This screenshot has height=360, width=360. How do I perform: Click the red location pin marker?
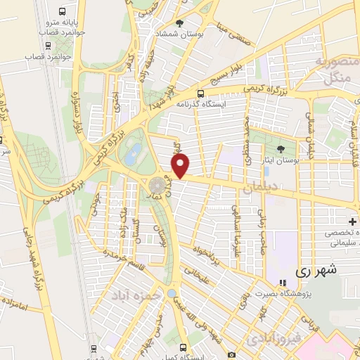click(x=181, y=167)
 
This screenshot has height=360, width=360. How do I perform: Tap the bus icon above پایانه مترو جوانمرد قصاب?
click(x=63, y=11)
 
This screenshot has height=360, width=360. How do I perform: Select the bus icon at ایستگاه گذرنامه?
click(x=201, y=94)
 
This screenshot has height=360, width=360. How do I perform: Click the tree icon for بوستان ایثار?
click(x=281, y=149)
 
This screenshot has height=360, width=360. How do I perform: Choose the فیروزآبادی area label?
click(x=271, y=339)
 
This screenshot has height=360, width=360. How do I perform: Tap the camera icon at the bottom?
click(x=231, y=355)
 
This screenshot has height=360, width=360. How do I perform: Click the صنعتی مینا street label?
click(x=235, y=34)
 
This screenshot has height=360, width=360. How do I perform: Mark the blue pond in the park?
click(x=130, y=156)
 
